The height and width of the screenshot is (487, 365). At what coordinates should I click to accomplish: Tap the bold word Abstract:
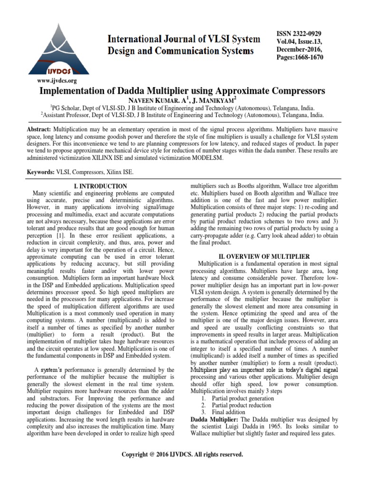[40, 129]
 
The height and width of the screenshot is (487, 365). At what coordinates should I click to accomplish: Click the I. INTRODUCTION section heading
[100, 186]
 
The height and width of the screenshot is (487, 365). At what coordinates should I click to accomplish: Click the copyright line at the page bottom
[182, 455]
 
